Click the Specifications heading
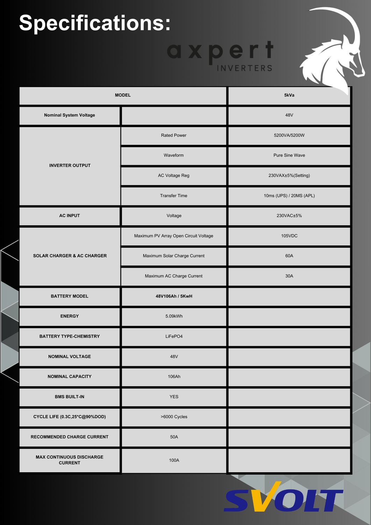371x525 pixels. [95, 23]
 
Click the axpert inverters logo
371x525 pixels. [220, 56]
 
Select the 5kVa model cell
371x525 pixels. [289, 95]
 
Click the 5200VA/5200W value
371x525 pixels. [289, 135]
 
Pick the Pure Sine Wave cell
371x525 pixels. [289, 155]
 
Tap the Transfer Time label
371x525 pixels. [173, 196]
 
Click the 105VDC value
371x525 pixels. [289, 236]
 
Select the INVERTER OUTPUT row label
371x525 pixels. [70, 166]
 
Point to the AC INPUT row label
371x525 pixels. [70, 216]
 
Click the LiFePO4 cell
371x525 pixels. [174, 336]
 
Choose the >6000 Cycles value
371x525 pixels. [174, 417]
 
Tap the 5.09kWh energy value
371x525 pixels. [174, 316]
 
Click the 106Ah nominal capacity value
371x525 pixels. [174, 377]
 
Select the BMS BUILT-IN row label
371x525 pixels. [70, 397]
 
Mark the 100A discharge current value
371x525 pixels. [174, 460]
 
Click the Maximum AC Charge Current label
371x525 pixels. [173, 276]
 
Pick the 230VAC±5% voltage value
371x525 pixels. [289, 216]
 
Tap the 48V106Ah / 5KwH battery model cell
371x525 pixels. [174, 296]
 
